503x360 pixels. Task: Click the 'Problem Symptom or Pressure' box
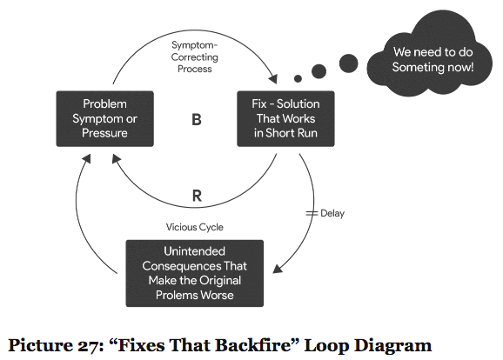click(x=105, y=119)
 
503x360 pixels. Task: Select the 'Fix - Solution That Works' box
click(x=285, y=119)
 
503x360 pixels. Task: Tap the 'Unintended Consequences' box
click(x=195, y=273)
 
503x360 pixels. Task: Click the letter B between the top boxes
click(x=197, y=120)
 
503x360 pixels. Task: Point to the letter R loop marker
click(x=197, y=196)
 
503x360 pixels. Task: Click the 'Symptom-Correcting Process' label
click(x=195, y=57)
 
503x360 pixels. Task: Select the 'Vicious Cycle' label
click(x=195, y=227)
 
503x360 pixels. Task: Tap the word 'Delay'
click(x=332, y=213)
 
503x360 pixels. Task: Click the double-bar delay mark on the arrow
click(x=312, y=213)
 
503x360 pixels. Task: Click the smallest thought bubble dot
click(x=298, y=78)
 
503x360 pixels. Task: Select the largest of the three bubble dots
click(x=349, y=63)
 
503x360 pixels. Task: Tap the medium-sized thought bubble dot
click(x=319, y=71)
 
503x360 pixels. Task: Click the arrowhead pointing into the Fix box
click(x=273, y=79)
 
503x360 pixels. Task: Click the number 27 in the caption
click(x=88, y=346)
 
